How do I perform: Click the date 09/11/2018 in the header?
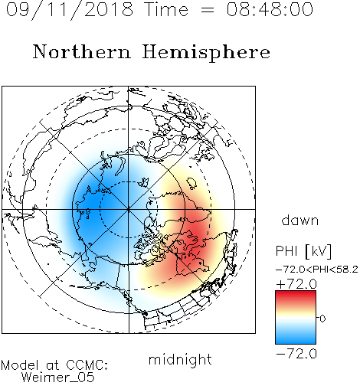(70, 10)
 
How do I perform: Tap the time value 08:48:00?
(270, 9)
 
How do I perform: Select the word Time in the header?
(166, 9)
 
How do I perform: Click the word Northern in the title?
(82, 51)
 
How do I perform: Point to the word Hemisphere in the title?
(206, 53)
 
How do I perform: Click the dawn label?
(300, 220)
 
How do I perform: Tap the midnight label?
(180, 359)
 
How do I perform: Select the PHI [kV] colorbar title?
(303, 251)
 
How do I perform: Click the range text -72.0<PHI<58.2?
(317, 270)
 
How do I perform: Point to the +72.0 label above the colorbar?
(296, 284)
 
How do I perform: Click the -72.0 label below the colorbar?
(296, 354)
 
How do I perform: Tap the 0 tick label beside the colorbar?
(322, 319)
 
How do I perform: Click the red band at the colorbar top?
(296, 295)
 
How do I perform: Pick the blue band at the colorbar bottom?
(296, 338)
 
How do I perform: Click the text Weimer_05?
(58, 378)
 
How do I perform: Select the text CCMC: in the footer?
(87, 365)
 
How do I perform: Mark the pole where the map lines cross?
(129, 209)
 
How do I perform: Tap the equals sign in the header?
(208, 10)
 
